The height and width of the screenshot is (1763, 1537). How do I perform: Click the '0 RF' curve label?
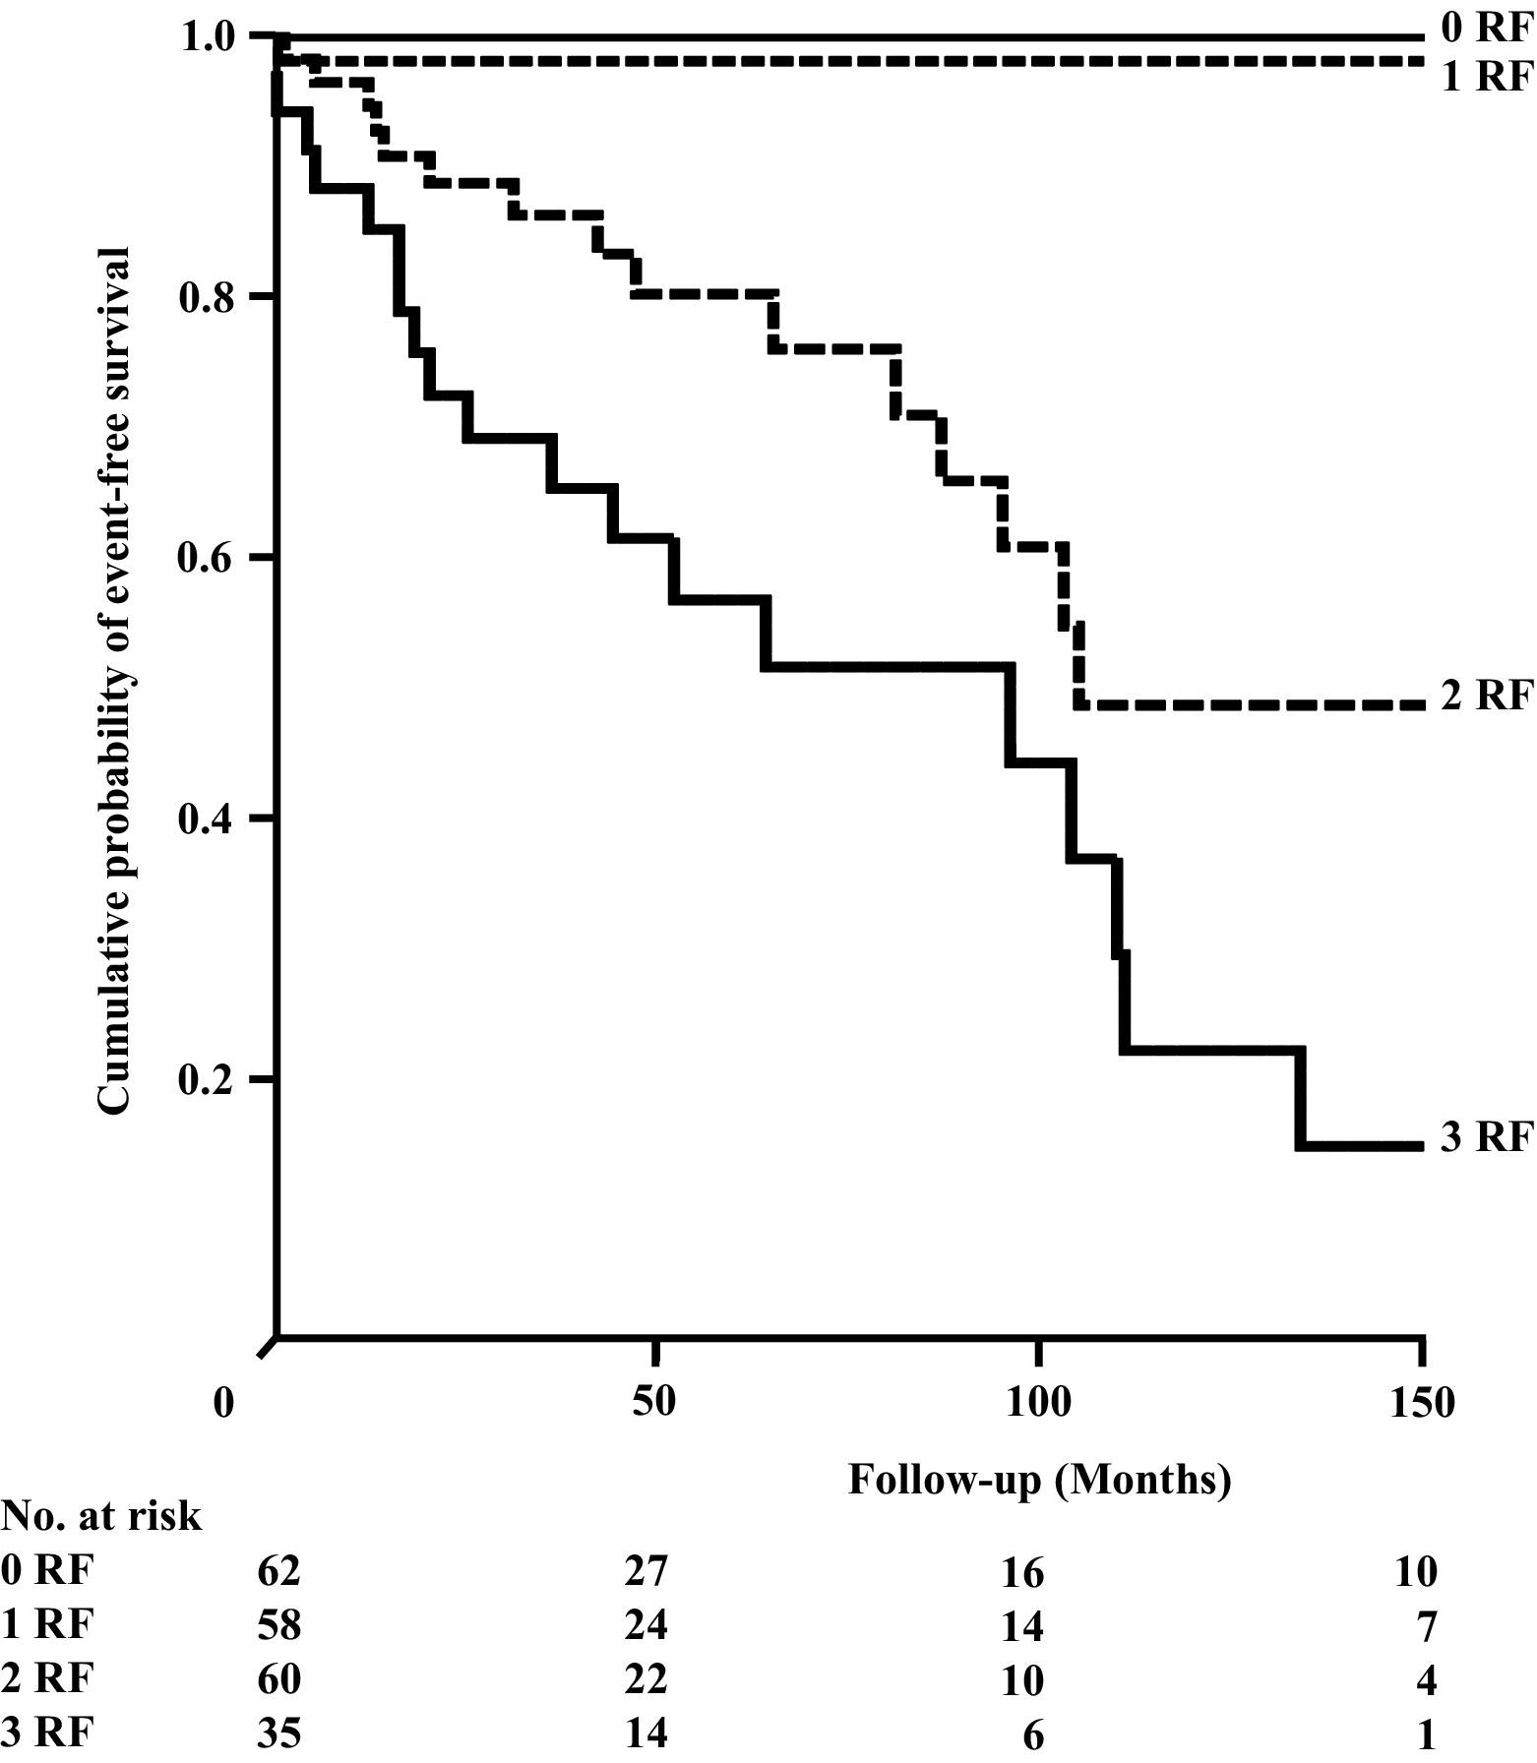[1487, 29]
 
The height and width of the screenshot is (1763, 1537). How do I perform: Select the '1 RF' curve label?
[1487, 76]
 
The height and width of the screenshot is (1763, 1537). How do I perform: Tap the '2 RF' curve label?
[1487, 696]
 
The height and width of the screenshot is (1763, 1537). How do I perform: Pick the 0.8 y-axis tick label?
[209, 297]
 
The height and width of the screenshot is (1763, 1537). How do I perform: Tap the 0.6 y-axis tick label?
[209, 558]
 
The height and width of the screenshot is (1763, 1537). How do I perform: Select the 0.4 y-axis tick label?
[209, 819]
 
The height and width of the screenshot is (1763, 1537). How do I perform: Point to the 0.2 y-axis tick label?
[209, 1079]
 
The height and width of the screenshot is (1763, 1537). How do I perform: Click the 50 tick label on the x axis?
[653, 1401]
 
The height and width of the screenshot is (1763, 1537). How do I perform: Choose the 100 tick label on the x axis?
[1037, 1401]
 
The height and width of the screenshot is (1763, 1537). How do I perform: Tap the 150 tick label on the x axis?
[1420, 1401]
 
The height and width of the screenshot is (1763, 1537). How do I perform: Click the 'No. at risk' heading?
[101, 1516]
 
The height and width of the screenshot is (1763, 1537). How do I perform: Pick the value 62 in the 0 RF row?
[277, 1571]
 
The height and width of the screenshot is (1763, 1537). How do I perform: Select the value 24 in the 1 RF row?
[646, 1624]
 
